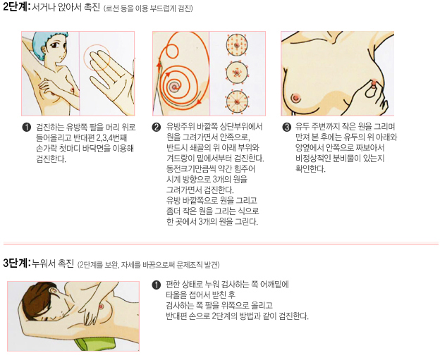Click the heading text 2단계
tap(15, 7)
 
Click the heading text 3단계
tap(15, 263)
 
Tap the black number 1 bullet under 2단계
tap(26, 128)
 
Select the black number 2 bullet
tap(157, 128)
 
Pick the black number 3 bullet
tap(286, 128)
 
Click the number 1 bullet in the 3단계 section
tap(157, 285)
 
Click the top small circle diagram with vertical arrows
tap(236, 45)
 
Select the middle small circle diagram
tap(236, 73)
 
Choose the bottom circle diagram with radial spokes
tap(236, 101)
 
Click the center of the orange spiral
tap(175, 87)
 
